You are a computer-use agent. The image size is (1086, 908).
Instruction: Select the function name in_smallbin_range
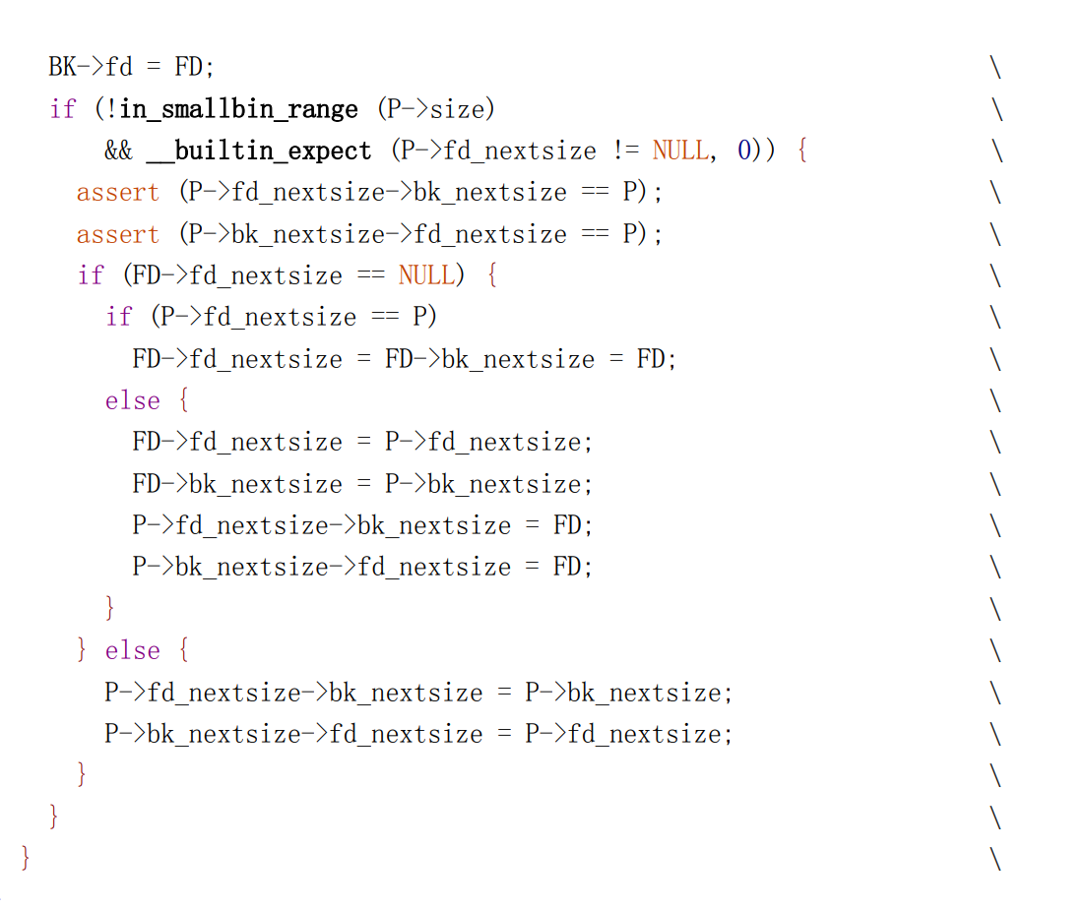click(x=238, y=108)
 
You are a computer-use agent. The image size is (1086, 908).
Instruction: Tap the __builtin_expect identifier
click(x=259, y=151)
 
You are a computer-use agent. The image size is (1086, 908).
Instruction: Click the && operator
click(x=118, y=151)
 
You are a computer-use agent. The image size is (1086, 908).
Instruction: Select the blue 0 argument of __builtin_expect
click(x=743, y=151)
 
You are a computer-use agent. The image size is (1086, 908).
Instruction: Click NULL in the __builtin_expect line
click(x=679, y=151)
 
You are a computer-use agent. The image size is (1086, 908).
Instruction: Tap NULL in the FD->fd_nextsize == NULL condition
click(x=426, y=275)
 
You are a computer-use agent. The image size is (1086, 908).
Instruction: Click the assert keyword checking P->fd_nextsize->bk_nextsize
click(x=117, y=192)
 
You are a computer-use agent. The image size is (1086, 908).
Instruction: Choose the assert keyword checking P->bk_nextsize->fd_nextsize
click(x=117, y=234)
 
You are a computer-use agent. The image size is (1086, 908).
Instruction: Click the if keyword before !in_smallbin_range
click(x=62, y=108)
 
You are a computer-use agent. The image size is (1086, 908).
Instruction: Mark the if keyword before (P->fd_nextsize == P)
click(x=118, y=317)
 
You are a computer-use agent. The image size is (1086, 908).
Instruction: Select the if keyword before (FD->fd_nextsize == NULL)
click(x=90, y=275)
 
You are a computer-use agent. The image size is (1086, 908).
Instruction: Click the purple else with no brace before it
click(x=132, y=400)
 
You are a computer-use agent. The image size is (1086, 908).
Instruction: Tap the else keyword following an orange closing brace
click(x=132, y=650)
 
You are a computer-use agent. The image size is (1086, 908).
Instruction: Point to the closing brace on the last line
click(x=26, y=858)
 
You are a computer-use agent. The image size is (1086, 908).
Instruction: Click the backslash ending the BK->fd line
click(x=995, y=67)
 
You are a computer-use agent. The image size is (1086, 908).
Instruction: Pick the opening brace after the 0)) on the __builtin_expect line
click(x=801, y=151)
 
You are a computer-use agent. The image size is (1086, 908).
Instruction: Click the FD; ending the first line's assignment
click(x=194, y=67)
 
